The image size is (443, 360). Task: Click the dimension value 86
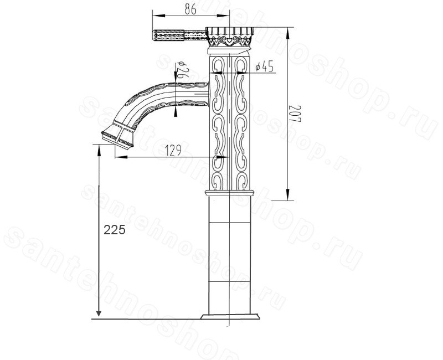pos(190,9)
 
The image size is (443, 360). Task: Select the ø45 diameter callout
pos(265,67)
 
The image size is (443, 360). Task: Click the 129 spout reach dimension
pos(173,151)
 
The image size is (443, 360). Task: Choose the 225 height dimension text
pos(115,230)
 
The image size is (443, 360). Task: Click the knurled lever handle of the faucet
pos(179,35)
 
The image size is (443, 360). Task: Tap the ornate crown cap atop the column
pos(229,37)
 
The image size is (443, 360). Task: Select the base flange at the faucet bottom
pos(230,316)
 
